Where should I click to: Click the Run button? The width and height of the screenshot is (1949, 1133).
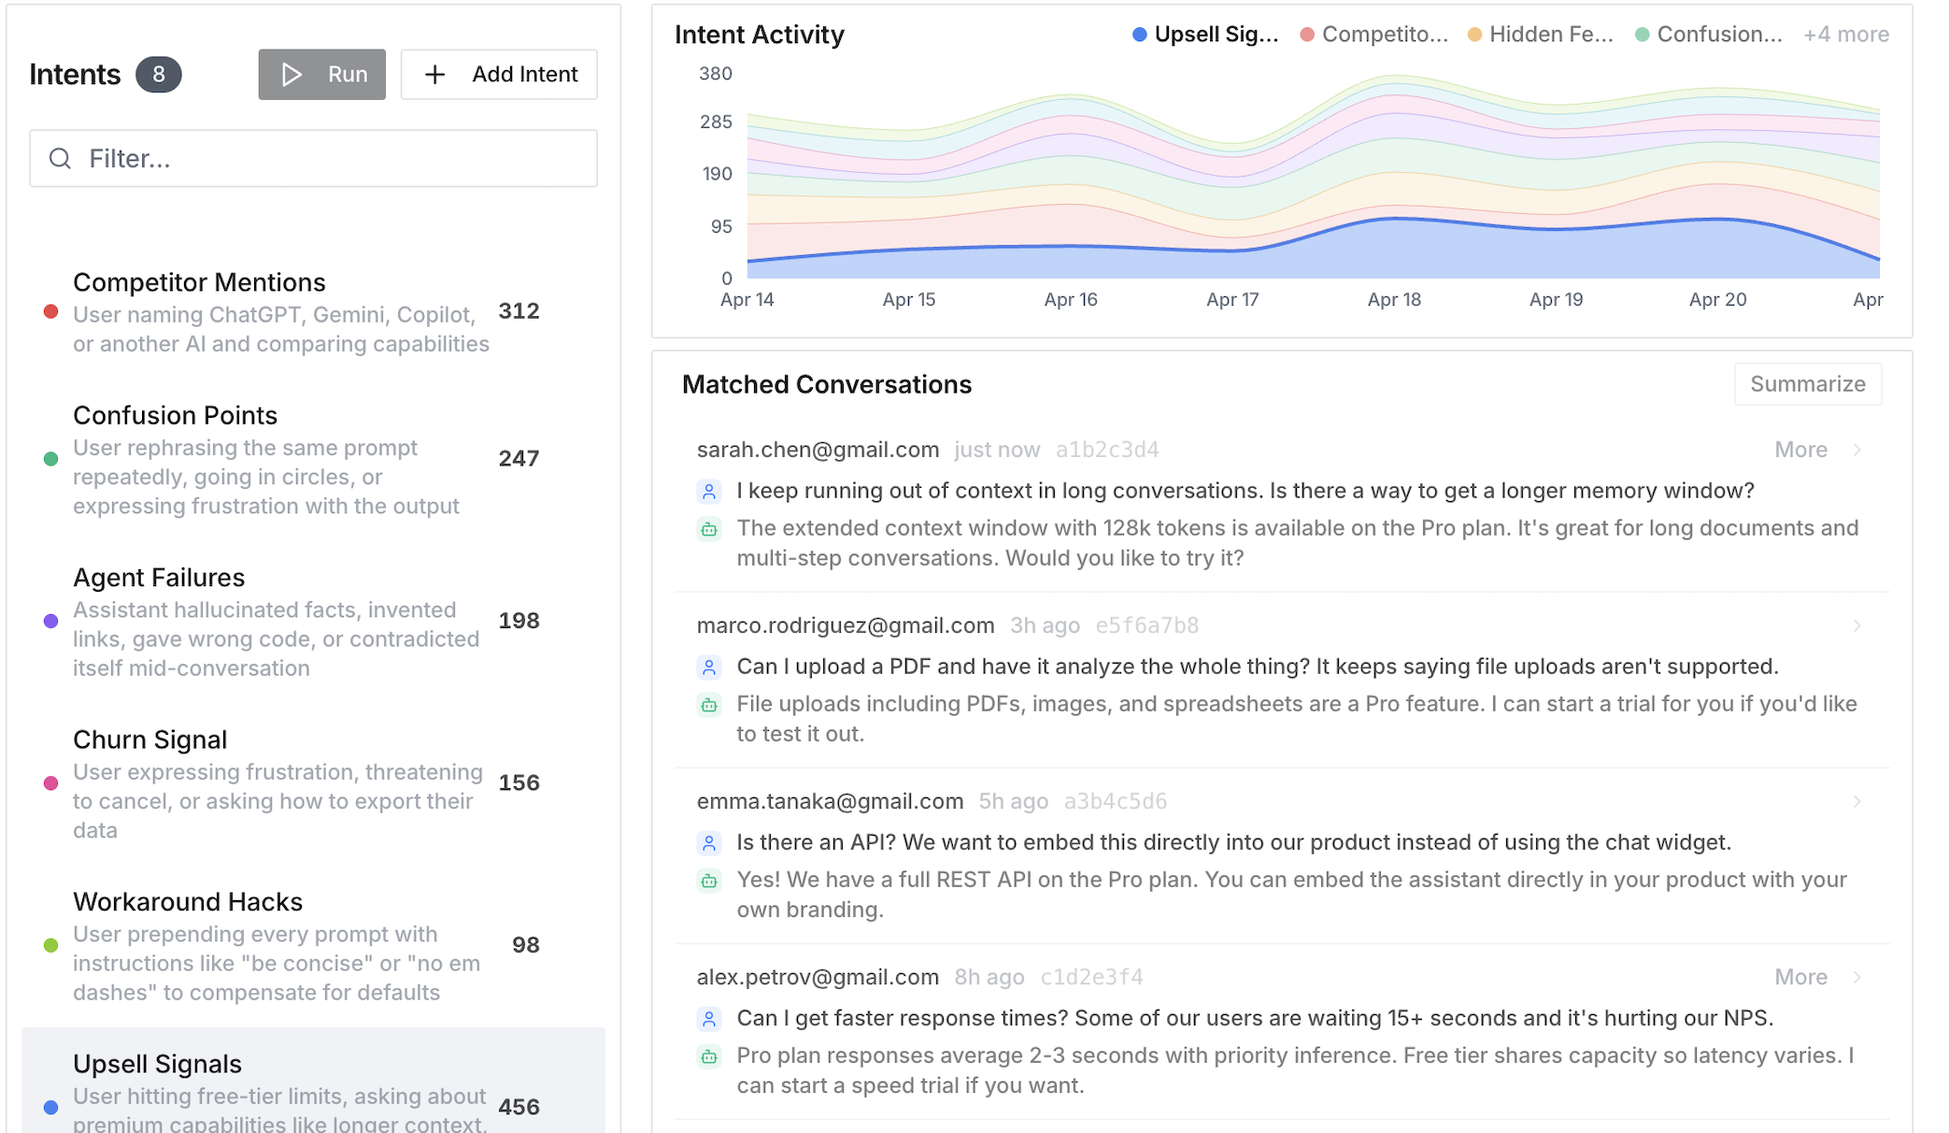coord(321,75)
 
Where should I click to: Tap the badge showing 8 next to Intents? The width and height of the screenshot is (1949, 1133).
coord(158,75)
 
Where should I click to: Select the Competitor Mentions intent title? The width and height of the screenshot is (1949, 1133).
coord(199,282)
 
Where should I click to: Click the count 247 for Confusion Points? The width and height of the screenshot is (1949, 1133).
coord(519,458)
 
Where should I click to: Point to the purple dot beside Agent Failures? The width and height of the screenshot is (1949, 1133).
coord(51,621)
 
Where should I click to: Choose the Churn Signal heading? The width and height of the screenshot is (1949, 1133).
coord(149,739)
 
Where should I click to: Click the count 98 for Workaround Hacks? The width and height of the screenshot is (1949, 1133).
coord(525,945)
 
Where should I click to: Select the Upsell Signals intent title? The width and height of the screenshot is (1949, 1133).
coord(157,1064)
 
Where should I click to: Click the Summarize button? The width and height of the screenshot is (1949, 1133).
coord(1807,384)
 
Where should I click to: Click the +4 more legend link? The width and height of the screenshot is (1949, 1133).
coord(1845,35)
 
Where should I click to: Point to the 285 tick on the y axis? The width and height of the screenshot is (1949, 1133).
coord(716,122)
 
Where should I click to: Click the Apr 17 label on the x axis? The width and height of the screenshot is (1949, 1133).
coord(1232,300)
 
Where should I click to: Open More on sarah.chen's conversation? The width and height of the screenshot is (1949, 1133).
coord(1800,450)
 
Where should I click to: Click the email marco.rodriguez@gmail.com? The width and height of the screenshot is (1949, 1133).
coord(846,625)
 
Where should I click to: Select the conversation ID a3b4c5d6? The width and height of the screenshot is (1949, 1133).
coord(1116,801)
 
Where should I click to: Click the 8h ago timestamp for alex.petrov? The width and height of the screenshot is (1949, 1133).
coord(989,977)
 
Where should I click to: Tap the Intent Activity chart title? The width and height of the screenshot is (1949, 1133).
coord(759,35)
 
